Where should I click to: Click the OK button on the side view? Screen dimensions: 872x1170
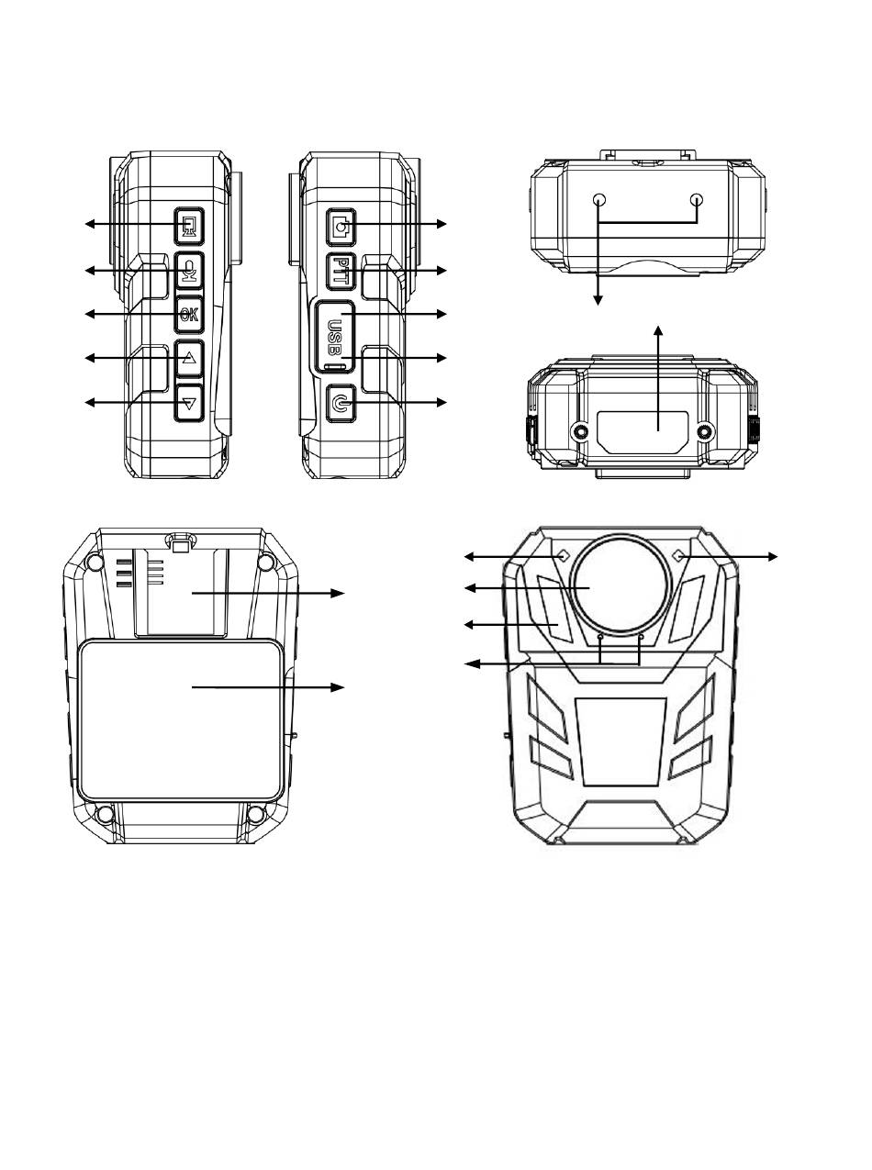click(x=189, y=315)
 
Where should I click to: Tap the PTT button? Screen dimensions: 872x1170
click(x=341, y=271)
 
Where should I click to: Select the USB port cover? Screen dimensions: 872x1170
click(x=335, y=337)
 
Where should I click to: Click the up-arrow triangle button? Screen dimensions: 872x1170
click(x=189, y=359)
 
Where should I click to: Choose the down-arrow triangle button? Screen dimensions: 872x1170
click(x=189, y=404)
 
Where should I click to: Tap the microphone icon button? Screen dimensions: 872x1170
click(x=189, y=271)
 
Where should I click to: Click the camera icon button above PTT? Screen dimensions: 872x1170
click(x=341, y=227)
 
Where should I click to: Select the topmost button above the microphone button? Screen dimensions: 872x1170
click(x=189, y=225)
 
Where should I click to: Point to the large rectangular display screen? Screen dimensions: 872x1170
click(x=181, y=721)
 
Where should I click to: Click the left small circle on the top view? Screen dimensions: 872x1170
click(x=599, y=200)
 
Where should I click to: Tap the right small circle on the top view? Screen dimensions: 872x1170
click(x=698, y=200)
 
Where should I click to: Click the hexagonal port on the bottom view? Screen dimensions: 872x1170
click(x=643, y=432)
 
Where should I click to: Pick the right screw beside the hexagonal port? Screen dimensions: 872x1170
click(x=705, y=431)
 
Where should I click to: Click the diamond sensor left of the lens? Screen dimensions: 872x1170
click(x=564, y=556)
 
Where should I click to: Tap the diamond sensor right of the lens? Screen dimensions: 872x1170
click(x=680, y=556)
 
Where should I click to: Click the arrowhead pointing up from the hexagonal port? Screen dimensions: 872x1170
click(x=658, y=329)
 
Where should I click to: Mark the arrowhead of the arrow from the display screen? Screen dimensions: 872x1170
click(x=339, y=686)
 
